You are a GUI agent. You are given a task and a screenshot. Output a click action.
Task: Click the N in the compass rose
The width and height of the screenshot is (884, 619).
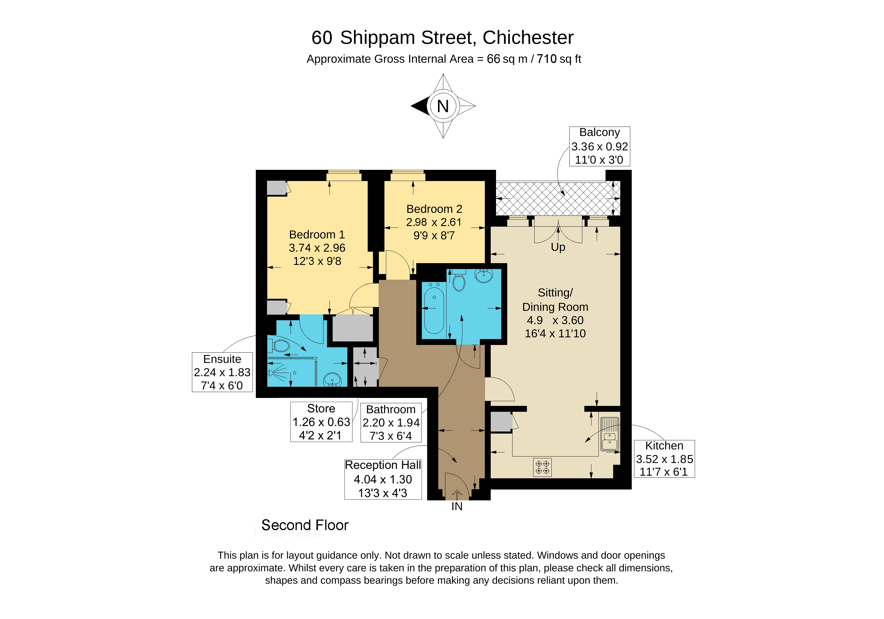(443, 106)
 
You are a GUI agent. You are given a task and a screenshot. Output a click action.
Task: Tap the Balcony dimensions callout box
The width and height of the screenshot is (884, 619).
(599, 146)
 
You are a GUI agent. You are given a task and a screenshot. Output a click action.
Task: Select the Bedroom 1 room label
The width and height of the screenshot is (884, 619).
(317, 248)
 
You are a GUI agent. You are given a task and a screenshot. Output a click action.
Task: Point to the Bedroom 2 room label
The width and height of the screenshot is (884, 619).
(434, 222)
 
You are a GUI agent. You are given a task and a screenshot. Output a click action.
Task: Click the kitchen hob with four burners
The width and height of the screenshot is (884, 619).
(542, 467)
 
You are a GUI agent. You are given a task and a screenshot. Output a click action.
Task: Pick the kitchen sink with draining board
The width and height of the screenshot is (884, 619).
(609, 434)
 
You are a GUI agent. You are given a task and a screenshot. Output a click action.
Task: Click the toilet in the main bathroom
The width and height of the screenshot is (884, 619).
(459, 281)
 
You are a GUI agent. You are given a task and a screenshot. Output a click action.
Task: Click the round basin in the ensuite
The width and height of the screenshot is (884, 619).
(332, 380)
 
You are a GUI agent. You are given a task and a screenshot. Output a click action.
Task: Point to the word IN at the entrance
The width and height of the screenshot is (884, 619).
(457, 506)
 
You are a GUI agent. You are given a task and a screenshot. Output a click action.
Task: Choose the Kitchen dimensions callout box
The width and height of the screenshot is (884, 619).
(664, 459)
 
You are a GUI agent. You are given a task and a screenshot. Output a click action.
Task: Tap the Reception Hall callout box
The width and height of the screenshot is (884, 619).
(383, 479)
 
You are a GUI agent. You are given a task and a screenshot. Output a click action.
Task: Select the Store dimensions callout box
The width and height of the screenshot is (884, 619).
(321, 422)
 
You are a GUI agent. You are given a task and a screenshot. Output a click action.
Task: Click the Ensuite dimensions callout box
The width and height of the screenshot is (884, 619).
(222, 372)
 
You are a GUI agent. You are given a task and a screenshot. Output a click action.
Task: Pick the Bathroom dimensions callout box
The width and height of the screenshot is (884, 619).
(391, 423)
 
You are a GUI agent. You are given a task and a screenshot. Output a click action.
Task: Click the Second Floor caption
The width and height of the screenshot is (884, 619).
(305, 525)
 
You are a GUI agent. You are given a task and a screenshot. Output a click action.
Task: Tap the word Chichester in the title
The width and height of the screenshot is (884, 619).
(528, 37)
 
